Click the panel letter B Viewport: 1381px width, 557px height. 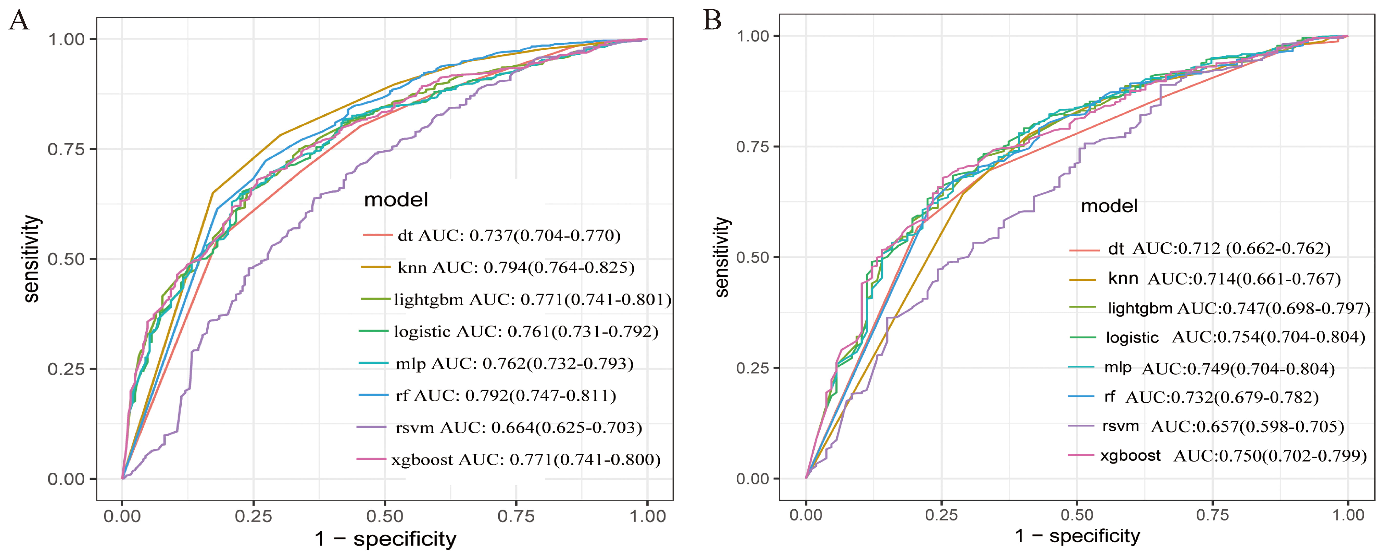click(x=712, y=20)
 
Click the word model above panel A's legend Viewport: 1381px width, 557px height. click(x=396, y=200)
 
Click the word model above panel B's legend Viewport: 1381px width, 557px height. click(x=1109, y=206)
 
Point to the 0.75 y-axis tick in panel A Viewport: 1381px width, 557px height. click(x=66, y=149)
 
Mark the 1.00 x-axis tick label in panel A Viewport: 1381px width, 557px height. click(x=647, y=516)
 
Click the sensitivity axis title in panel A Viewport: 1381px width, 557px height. click(x=31, y=259)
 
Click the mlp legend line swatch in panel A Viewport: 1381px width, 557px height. click(x=374, y=363)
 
